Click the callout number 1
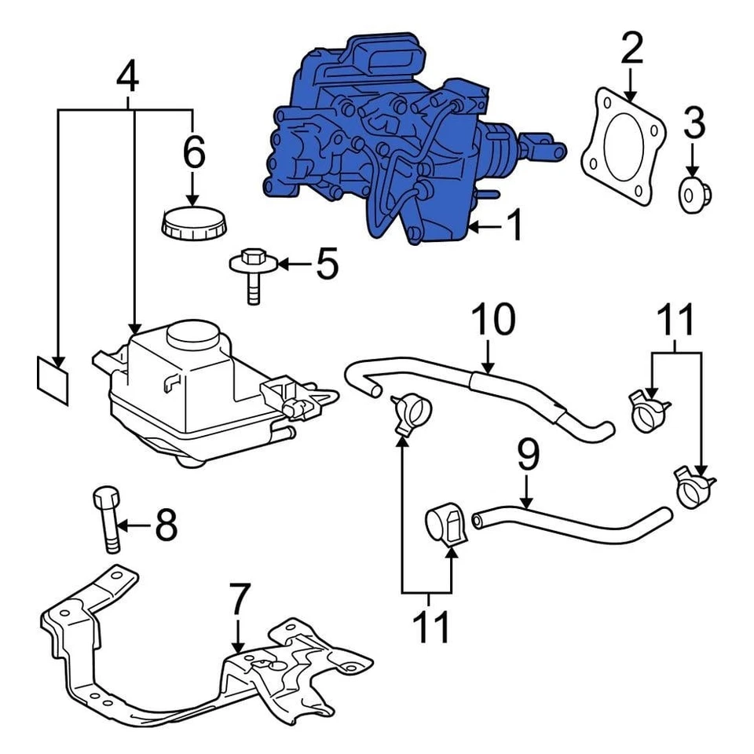514,227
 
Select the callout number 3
693,123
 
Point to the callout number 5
326,265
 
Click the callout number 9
528,459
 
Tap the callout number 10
493,320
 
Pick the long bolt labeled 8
108,518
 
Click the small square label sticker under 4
53,379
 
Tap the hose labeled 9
573,525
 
